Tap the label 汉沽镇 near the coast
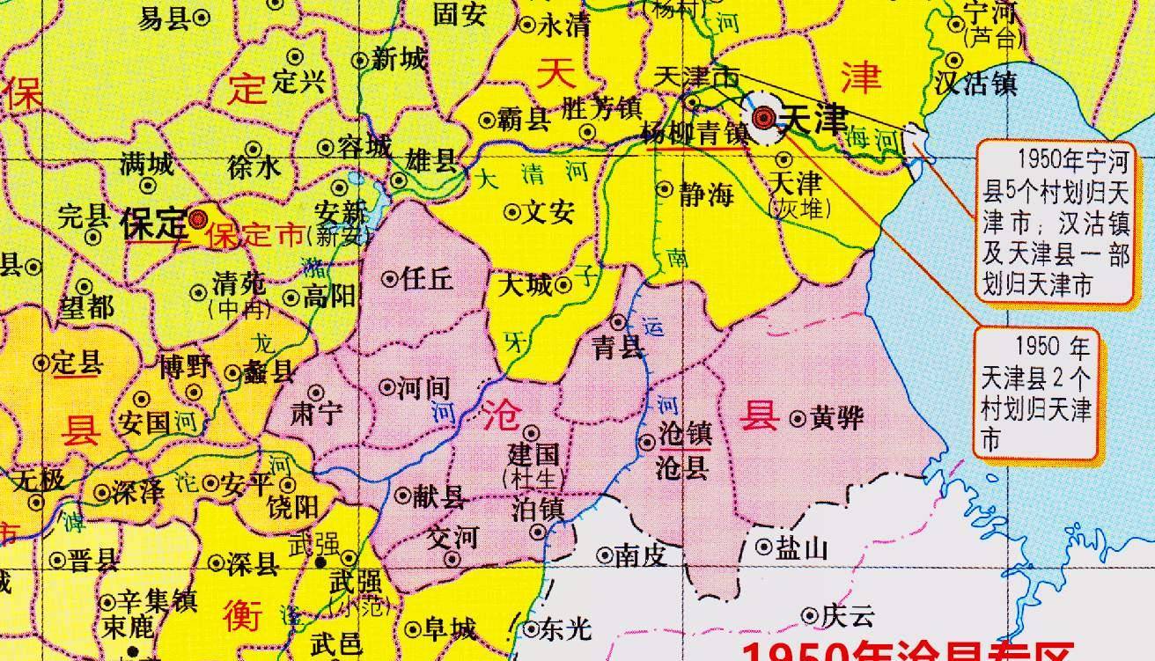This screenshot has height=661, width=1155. tap(976, 84)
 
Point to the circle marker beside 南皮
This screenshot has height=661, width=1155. tap(605, 555)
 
